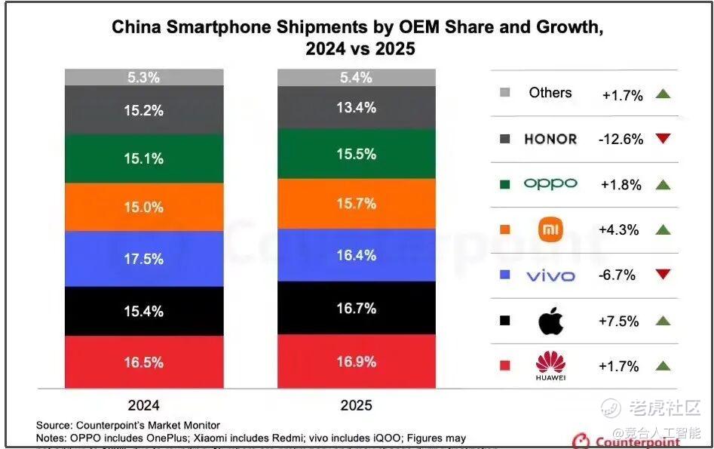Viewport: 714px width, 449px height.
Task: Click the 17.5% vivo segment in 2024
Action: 144,259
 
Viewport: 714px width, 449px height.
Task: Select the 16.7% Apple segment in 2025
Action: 357,308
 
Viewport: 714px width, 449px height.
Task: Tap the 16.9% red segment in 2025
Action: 357,361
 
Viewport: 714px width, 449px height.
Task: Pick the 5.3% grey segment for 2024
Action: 144,77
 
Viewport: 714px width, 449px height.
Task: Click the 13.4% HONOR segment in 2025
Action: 357,107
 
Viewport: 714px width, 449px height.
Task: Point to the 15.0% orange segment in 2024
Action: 144,207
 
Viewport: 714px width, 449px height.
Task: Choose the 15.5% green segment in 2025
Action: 357,154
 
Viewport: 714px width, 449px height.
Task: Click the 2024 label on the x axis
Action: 144,405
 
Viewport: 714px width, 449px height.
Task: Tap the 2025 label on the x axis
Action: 357,405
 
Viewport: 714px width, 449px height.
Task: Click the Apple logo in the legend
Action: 550,321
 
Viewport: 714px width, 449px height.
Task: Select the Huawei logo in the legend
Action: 550,365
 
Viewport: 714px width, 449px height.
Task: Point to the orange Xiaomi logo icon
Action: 551,229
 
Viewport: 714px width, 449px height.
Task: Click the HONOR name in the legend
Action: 550,139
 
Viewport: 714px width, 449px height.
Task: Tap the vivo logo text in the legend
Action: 550,275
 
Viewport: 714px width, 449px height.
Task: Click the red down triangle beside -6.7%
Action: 663,275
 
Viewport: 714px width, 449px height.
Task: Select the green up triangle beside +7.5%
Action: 663,321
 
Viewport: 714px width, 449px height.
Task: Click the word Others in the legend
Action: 550,93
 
